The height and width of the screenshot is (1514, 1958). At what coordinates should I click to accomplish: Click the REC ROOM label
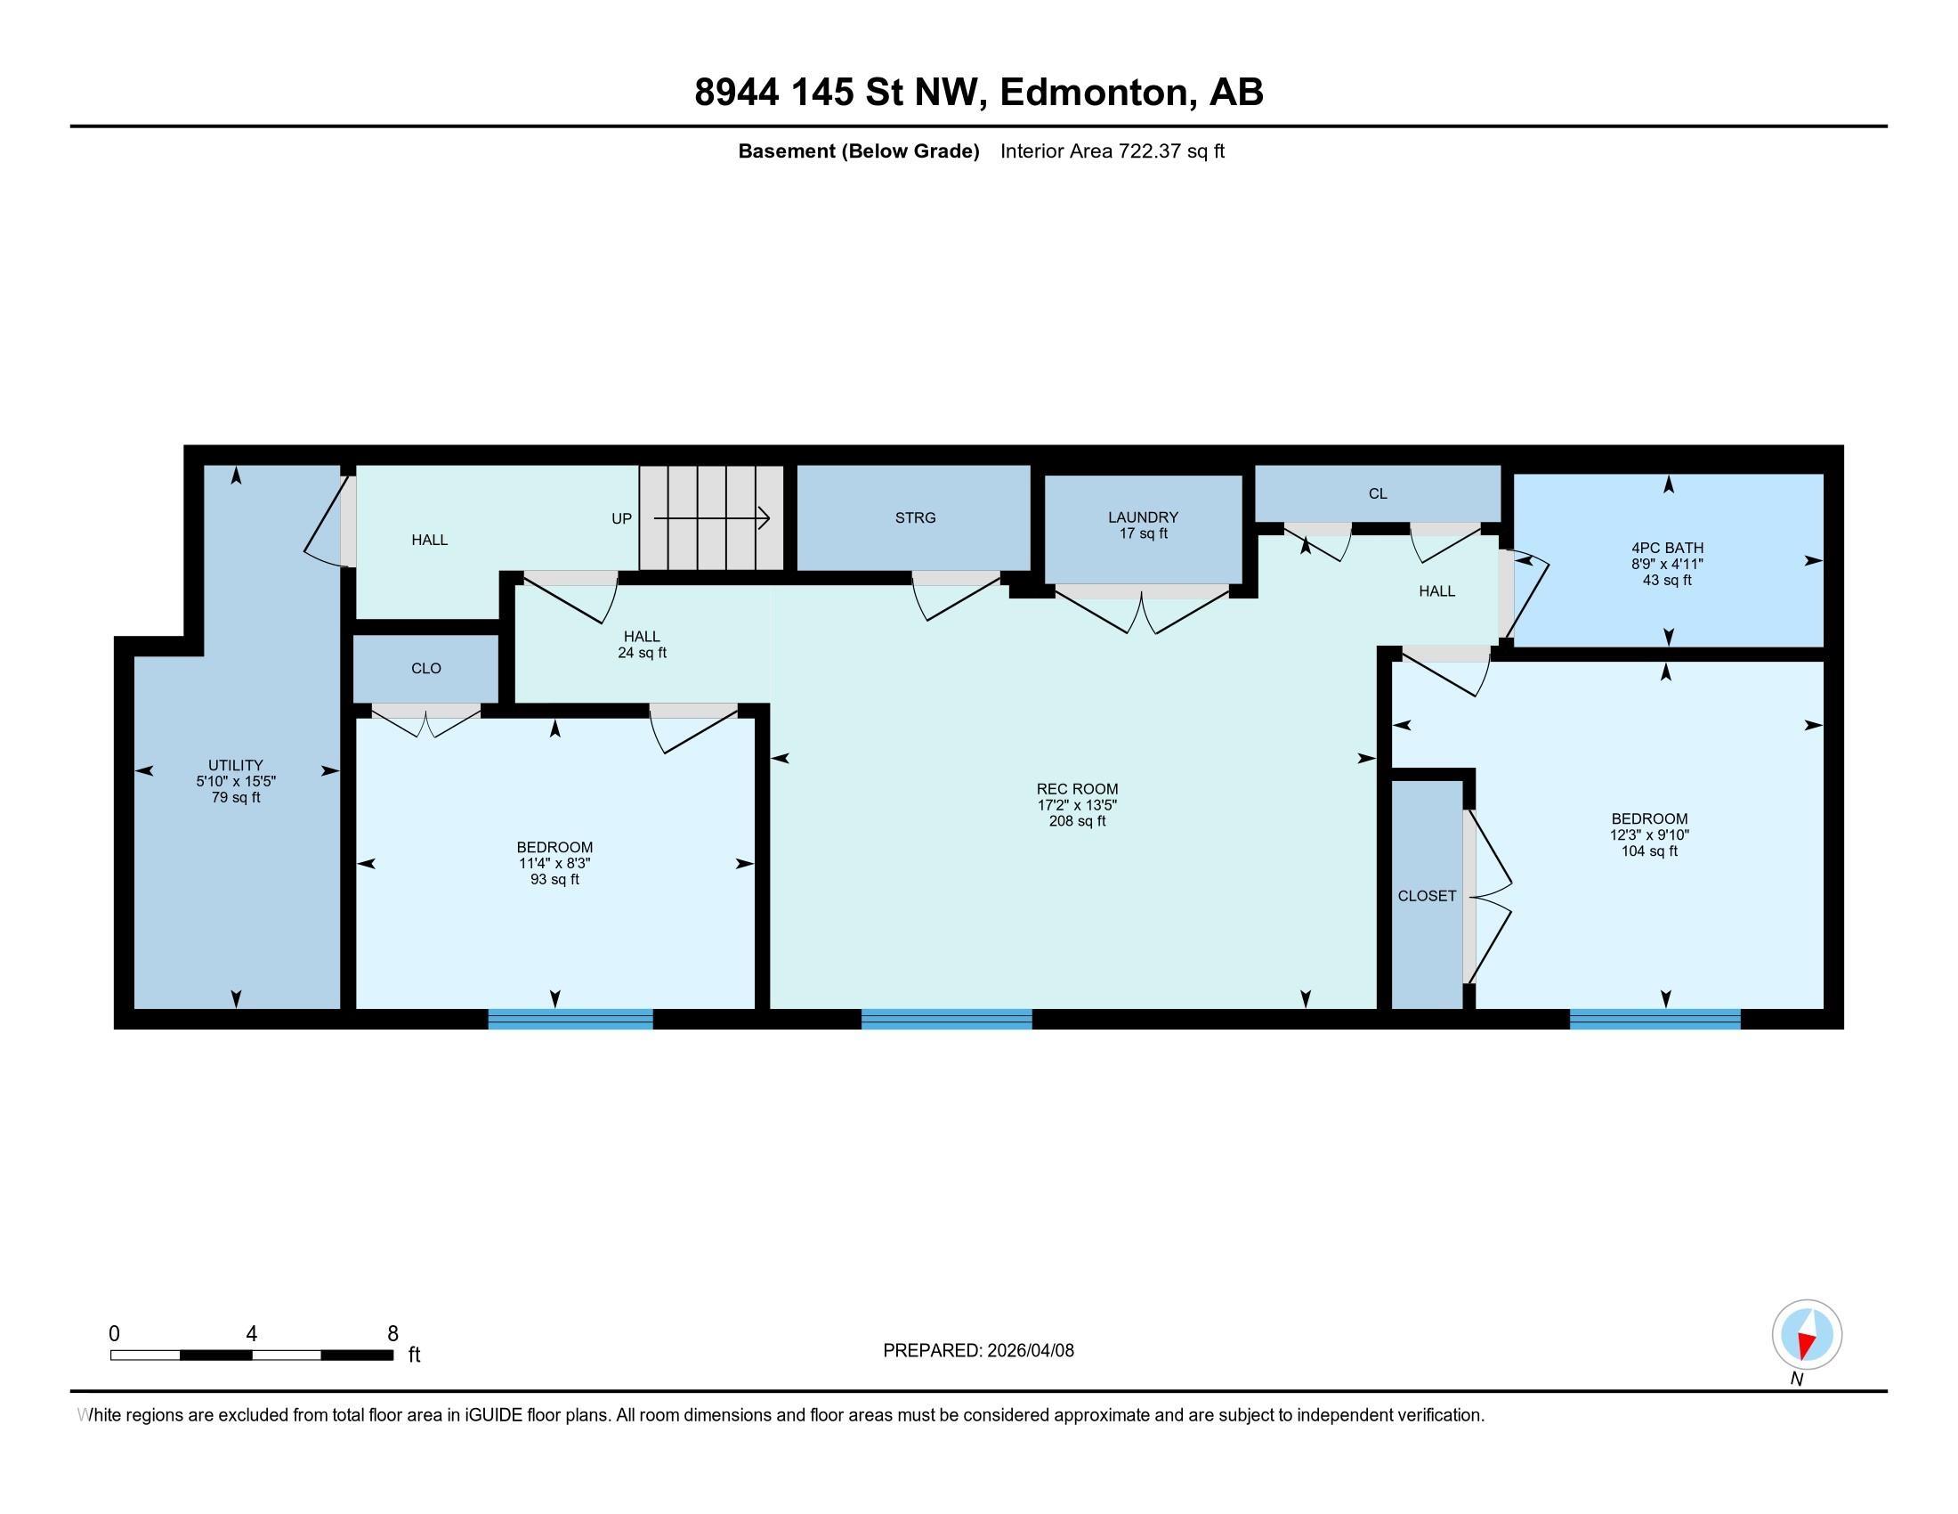1077,790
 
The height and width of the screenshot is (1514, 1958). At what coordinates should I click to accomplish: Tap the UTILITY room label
235,765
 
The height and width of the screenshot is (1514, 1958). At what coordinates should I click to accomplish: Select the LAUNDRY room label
1142,517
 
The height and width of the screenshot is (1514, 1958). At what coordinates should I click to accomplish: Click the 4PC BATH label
1667,548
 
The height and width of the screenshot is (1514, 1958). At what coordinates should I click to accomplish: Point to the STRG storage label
914,517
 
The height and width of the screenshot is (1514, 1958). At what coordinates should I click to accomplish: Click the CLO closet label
425,668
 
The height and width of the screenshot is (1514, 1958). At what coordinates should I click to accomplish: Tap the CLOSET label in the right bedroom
1427,896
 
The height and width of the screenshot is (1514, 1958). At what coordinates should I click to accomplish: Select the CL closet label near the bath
1377,494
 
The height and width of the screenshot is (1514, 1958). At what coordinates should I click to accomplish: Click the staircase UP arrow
712,518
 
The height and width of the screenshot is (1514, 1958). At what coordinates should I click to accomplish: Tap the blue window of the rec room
946,1018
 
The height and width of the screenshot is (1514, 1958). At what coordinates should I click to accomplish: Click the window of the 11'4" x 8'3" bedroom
570,1018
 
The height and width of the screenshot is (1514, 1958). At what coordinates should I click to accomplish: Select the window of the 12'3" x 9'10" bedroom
1655,1018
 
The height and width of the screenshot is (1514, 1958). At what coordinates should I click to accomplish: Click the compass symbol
1807,1335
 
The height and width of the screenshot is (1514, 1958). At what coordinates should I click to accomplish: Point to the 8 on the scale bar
392,1334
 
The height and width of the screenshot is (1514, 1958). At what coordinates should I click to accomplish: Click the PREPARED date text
978,1351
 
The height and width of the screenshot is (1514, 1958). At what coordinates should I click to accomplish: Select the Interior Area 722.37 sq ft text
1112,151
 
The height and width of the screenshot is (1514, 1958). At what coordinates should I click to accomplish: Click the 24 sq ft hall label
642,653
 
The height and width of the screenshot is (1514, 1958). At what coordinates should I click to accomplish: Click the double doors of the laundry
1142,610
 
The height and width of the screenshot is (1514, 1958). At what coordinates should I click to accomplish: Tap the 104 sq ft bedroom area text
1648,851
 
